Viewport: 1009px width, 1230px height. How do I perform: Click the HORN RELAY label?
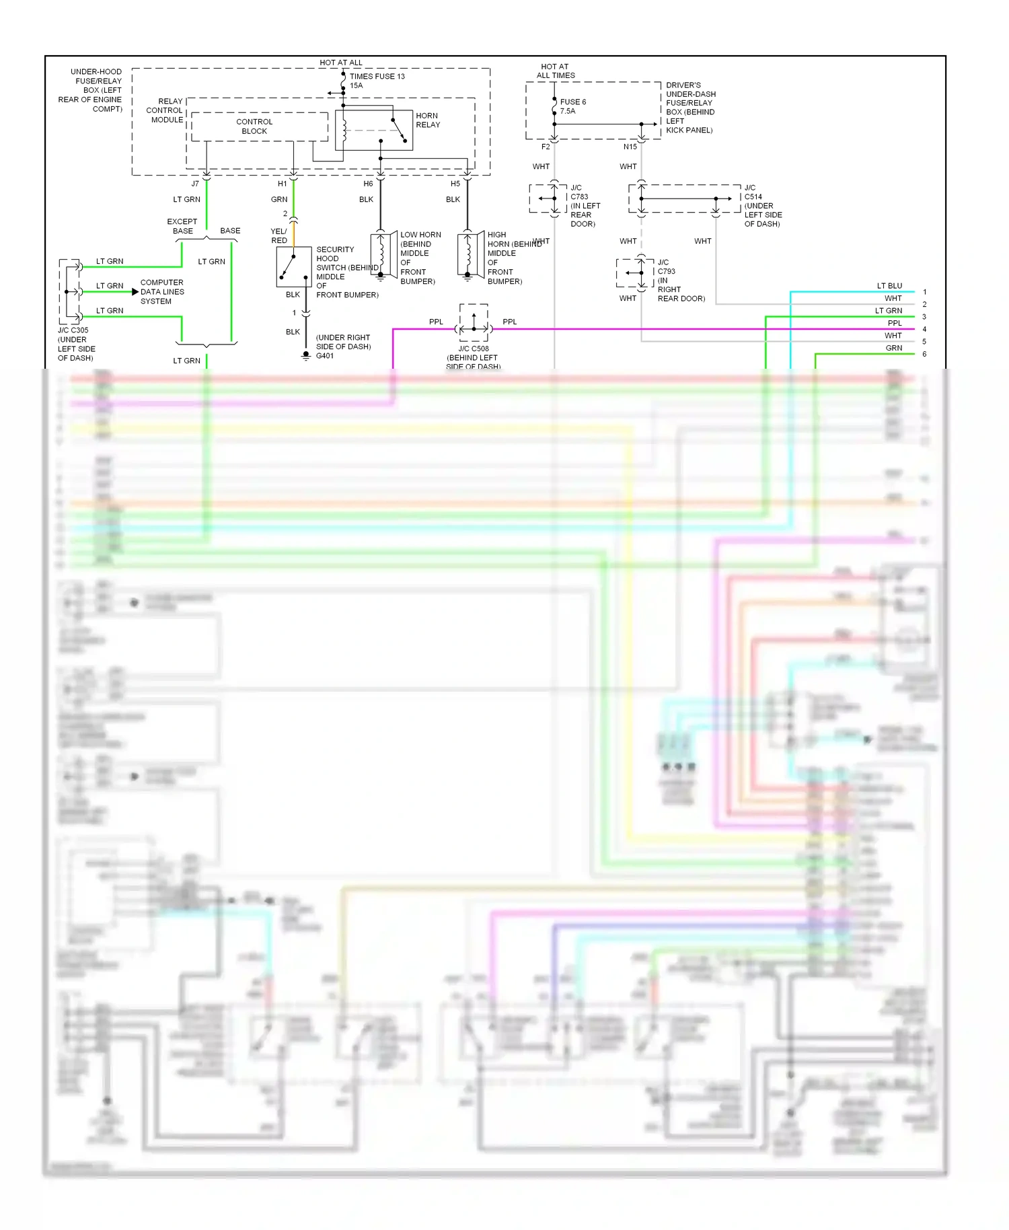(x=427, y=120)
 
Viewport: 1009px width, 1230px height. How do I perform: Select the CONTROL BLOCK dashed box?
(x=259, y=126)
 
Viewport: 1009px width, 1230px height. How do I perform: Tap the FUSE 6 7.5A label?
(x=572, y=106)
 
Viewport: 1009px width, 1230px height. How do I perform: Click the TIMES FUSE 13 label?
(x=377, y=76)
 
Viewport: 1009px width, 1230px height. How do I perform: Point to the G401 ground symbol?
(x=306, y=355)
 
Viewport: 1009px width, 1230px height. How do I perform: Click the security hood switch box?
(x=293, y=266)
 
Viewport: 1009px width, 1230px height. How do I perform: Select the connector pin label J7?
(x=195, y=184)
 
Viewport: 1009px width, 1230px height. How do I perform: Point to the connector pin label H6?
(x=368, y=184)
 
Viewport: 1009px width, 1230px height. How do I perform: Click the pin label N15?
(x=630, y=147)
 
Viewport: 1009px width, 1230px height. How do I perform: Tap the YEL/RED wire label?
(x=278, y=236)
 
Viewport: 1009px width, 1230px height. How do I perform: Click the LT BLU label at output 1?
(x=889, y=286)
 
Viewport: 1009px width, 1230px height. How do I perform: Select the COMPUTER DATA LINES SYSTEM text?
(x=161, y=292)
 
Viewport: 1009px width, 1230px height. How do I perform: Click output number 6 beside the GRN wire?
(x=924, y=354)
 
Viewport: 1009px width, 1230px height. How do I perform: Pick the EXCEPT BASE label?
(x=182, y=226)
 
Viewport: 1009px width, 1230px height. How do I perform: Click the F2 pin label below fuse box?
(x=546, y=147)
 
